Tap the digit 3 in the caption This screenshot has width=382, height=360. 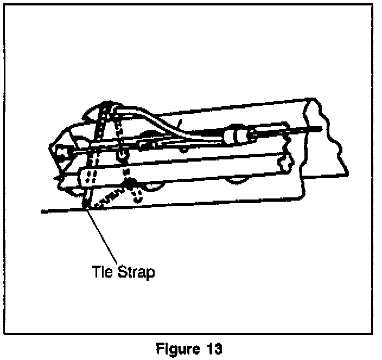coord(215,349)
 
